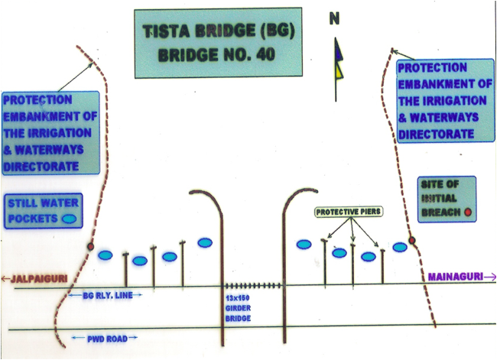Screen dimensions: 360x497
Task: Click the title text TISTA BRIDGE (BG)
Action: [x=213, y=34]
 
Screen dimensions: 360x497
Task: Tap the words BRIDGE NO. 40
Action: [x=213, y=55]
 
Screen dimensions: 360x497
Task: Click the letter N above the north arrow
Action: [x=334, y=20]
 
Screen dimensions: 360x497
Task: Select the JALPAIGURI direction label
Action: [x=31, y=277]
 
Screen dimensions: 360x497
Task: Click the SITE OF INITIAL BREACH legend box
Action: [x=447, y=197]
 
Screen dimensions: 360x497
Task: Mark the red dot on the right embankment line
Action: [x=412, y=241]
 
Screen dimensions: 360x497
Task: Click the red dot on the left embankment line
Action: [x=90, y=248]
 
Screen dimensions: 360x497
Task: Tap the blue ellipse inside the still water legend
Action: [x=69, y=217]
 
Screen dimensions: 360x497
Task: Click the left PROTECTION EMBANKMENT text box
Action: [x=50, y=133]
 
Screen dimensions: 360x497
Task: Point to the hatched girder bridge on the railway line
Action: [x=253, y=287]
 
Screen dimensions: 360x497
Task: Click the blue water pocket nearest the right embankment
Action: [x=399, y=247]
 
